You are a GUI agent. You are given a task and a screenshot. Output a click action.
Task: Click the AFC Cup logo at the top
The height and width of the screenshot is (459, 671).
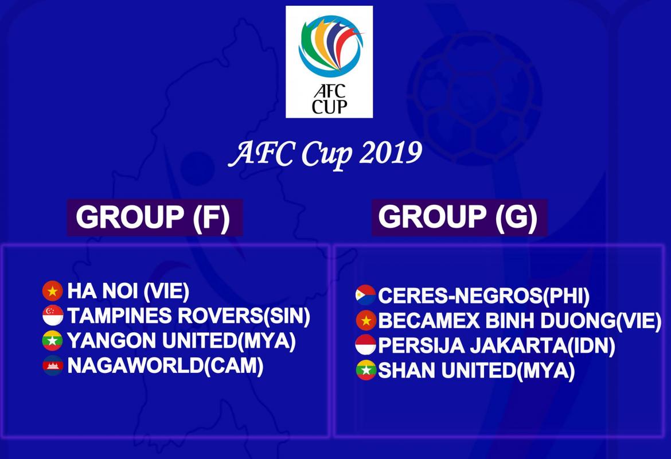[x=329, y=61]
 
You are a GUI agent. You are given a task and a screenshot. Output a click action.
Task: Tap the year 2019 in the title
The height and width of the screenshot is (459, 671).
[x=391, y=153]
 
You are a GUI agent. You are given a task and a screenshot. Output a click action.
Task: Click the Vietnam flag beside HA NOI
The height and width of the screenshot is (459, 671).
[x=53, y=291]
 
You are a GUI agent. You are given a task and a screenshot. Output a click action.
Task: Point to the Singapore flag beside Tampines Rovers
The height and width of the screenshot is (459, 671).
[x=53, y=316]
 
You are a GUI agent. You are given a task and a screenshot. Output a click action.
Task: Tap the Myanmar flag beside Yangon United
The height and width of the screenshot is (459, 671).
[x=53, y=341]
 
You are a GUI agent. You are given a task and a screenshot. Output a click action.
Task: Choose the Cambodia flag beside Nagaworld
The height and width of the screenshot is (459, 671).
[x=53, y=365]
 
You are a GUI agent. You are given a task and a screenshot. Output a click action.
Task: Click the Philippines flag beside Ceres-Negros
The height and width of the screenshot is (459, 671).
[x=366, y=295]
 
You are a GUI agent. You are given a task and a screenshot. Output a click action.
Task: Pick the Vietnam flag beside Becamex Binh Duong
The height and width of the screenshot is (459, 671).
[x=366, y=320]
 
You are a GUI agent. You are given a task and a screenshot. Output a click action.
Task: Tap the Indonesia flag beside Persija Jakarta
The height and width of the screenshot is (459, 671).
[x=366, y=345]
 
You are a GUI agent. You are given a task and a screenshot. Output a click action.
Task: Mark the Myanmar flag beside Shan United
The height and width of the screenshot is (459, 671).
[x=366, y=371]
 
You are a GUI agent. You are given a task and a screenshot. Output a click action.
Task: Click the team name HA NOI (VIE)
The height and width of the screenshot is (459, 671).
[x=128, y=291]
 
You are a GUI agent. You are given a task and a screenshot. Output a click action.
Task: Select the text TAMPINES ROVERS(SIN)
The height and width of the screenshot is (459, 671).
[x=189, y=316]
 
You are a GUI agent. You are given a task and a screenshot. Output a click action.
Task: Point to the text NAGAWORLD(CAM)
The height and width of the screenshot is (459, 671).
[x=165, y=365]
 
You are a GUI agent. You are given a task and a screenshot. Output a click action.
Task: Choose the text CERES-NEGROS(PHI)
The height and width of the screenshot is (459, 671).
[x=483, y=296]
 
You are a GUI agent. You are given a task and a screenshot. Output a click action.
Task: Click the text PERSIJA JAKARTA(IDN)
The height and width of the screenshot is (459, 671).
[x=497, y=346]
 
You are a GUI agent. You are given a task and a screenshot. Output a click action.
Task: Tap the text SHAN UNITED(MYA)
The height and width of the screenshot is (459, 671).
[x=476, y=371]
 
